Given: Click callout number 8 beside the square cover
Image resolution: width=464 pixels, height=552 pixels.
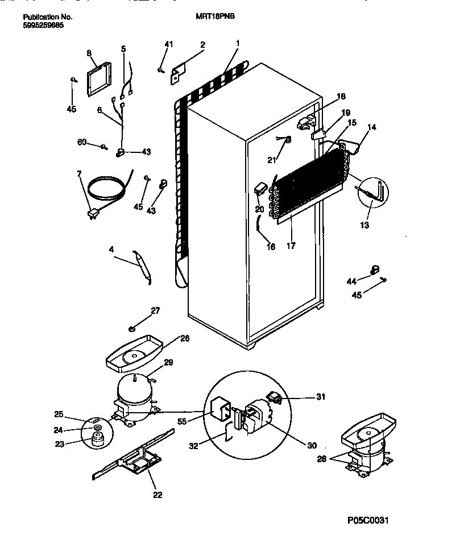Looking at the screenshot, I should (x=89, y=53).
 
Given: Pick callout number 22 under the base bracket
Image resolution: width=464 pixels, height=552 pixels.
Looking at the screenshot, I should (x=158, y=495).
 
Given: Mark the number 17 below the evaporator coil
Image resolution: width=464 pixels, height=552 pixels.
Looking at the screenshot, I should (x=291, y=247).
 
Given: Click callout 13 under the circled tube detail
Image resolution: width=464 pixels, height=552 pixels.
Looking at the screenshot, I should (x=364, y=225).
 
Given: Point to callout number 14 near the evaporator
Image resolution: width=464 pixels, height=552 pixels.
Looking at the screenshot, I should (x=372, y=127).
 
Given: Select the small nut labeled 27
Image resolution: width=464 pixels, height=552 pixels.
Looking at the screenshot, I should (x=131, y=328).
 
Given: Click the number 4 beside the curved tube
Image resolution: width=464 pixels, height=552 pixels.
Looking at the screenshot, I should (x=112, y=248).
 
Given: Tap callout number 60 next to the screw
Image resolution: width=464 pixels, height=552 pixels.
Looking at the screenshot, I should (x=82, y=142).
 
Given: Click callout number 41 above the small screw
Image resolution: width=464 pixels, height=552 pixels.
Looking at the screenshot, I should (x=168, y=44).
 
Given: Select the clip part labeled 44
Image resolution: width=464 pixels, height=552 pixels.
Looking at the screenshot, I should (x=374, y=269).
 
